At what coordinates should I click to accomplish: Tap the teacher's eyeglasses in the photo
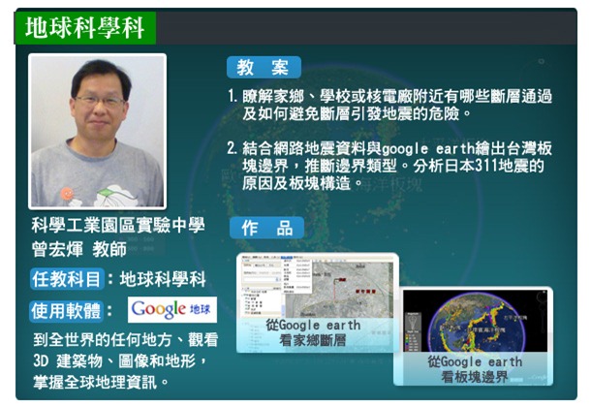(98, 101)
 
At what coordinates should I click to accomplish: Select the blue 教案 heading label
(264, 67)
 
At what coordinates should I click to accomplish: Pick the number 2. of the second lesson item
(233, 148)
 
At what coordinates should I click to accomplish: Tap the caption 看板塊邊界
(475, 377)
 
